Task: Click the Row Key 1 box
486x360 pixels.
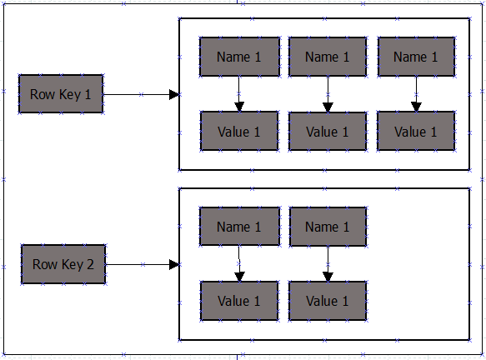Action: (x=61, y=94)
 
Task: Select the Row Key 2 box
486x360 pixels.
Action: (x=63, y=264)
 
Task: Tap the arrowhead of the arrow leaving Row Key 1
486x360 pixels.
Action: (x=174, y=94)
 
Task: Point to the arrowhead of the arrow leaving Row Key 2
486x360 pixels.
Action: (x=174, y=264)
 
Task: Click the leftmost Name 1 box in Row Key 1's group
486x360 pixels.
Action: (x=239, y=57)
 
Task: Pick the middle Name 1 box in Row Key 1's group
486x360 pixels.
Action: (x=328, y=57)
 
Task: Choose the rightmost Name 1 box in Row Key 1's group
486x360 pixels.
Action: (x=416, y=57)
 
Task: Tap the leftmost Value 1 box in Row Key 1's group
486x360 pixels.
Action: (x=239, y=132)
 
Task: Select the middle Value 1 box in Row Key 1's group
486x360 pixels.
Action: (x=328, y=132)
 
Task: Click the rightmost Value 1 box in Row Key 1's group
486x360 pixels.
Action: (x=416, y=132)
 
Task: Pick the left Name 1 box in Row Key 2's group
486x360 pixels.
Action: (x=239, y=227)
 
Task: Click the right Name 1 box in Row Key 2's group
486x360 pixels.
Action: (x=328, y=227)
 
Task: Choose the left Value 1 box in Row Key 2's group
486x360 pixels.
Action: (x=239, y=301)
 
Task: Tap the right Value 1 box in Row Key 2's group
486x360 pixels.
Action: (x=328, y=301)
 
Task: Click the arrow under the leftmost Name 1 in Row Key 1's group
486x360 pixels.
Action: (x=239, y=94)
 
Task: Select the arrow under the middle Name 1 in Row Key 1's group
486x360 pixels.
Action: (x=328, y=94)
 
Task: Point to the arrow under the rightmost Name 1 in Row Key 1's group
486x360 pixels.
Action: (x=416, y=94)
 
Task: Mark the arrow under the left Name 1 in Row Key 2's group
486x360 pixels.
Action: (x=239, y=263)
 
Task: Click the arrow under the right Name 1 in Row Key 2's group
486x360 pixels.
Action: (x=328, y=264)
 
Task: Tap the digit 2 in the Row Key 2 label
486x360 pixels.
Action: (x=90, y=264)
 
